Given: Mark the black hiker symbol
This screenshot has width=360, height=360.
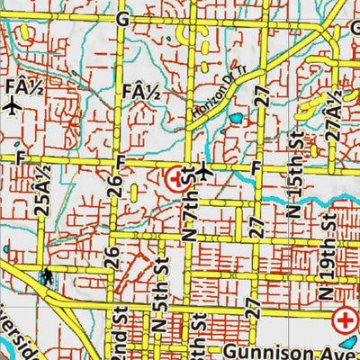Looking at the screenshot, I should tap(46, 274).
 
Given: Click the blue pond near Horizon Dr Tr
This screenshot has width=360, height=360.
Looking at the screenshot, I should tap(236, 118).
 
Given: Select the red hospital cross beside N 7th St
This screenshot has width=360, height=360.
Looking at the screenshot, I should tap(176, 177).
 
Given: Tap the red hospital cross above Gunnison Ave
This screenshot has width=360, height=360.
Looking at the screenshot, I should tap(344, 319).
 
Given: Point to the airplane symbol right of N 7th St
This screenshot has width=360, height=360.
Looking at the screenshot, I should tap(206, 170).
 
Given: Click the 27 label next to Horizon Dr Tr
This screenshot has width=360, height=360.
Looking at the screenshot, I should tap(262, 98).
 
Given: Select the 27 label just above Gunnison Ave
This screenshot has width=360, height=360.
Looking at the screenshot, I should tap(255, 309).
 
